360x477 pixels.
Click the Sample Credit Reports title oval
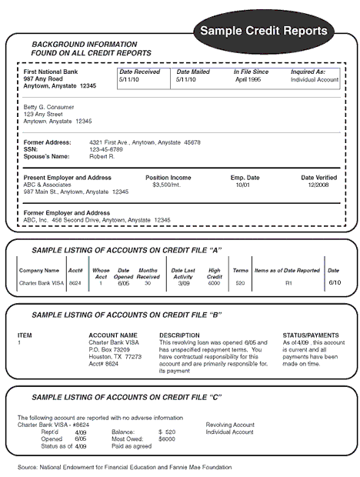pyautogui.click(x=263, y=31)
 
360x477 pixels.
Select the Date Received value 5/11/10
pyautogui.click(x=129, y=79)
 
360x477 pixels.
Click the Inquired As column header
pyautogui.click(x=314, y=72)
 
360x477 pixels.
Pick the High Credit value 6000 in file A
pyautogui.click(x=215, y=283)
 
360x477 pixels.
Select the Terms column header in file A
pyautogui.click(x=241, y=271)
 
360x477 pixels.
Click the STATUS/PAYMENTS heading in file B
pyautogui.click(x=311, y=335)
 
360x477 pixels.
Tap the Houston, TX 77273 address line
pyautogui.click(x=115, y=357)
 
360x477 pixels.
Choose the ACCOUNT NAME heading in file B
pyautogui.click(x=113, y=335)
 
